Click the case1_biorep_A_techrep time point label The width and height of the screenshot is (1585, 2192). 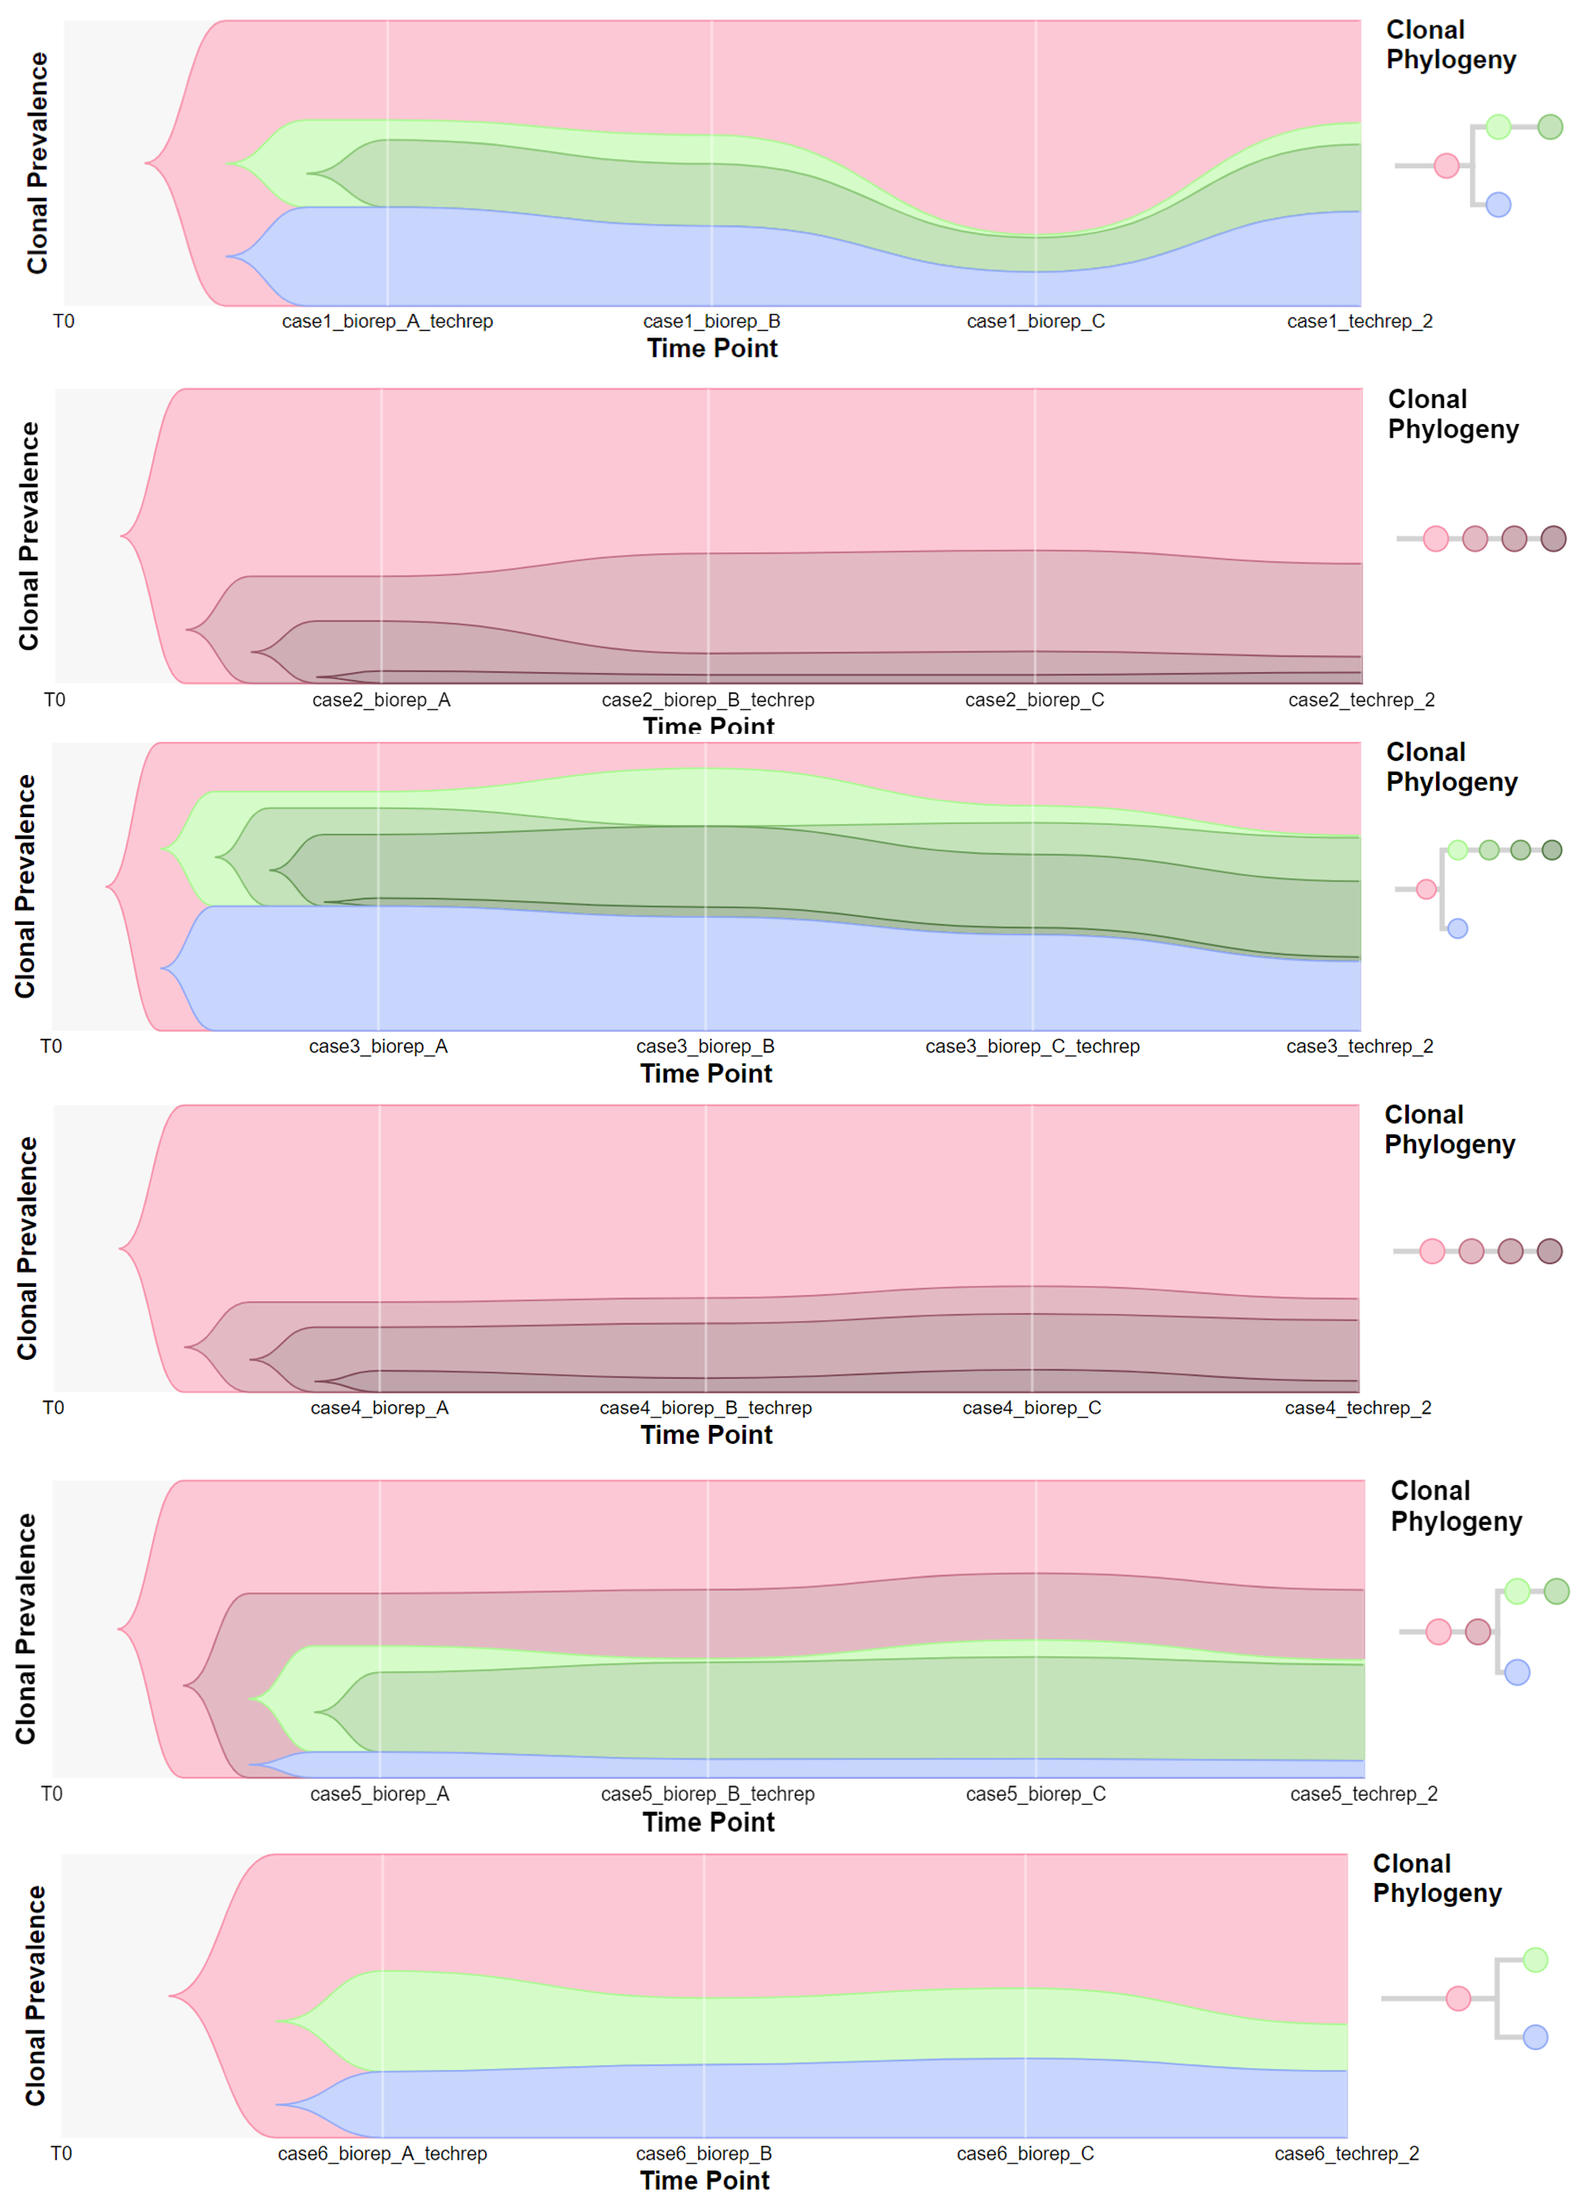coord(387,321)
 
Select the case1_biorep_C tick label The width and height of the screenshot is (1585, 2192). coord(1035,321)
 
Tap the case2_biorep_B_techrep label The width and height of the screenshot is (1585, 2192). coord(708,700)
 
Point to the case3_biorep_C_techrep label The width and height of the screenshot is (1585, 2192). coord(1032,1046)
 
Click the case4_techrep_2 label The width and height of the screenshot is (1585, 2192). coord(1357,1407)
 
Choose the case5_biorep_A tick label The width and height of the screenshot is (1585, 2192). coord(379,1794)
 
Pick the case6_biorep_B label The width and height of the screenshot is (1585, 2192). coord(704,2153)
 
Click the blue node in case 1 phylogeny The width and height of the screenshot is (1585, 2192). coord(1498,205)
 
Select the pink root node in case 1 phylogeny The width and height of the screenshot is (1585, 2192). coord(1446,166)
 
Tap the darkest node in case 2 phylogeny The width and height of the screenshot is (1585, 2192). coord(1553,538)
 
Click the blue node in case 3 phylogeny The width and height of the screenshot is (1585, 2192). coord(1457,929)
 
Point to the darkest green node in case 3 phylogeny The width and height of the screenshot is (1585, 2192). coord(1551,850)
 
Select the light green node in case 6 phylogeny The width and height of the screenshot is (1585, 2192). coord(1535,1960)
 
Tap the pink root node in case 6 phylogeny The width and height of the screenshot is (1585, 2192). coord(1457,1998)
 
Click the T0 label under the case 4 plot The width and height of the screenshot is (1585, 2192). coord(53,1407)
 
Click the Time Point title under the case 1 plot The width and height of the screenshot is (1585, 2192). coord(712,349)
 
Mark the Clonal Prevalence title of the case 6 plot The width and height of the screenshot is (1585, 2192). coord(35,1995)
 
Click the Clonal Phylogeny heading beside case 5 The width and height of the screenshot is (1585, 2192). coord(1456,1506)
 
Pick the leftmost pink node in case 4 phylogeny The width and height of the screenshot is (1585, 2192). coord(1431,1251)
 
